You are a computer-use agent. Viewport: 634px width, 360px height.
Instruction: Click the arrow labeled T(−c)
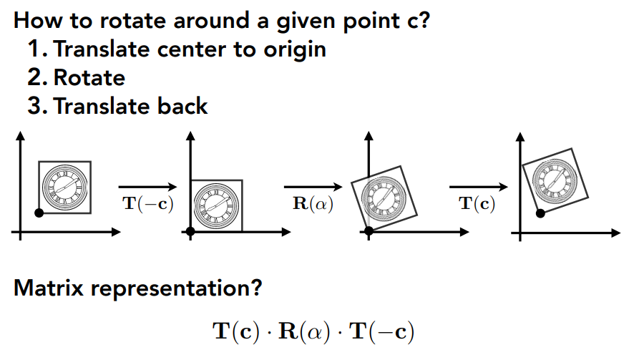click(147, 187)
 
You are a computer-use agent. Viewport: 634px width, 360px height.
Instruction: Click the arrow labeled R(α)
click(313, 187)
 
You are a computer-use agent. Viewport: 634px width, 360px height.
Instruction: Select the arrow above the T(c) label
click(478, 187)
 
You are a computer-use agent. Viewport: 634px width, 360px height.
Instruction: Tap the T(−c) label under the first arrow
click(148, 203)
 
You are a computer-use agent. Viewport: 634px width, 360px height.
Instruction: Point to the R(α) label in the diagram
click(313, 203)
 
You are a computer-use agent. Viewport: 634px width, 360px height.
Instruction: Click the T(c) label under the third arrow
click(477, 203)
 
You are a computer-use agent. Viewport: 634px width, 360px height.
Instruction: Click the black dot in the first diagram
click(39, 213)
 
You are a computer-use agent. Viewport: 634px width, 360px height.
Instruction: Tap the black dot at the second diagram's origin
click(190, 231)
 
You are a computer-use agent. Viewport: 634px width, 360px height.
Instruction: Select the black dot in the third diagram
click(369, 231)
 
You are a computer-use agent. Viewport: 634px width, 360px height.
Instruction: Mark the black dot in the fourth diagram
click(540, 213)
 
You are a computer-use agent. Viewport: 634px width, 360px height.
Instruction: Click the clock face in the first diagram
click(64, 187)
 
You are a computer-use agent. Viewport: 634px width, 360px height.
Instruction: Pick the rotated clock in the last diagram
click(555, 179)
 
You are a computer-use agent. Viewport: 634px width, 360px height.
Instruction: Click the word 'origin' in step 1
click(295, 50)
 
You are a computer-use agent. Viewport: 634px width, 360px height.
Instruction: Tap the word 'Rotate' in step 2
click(89, 78)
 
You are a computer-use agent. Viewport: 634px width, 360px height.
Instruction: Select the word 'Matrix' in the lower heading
click(49, 288)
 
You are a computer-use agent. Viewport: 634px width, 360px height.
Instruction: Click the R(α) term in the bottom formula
click(304, 331)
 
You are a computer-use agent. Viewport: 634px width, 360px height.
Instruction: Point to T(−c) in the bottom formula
click(382, 331)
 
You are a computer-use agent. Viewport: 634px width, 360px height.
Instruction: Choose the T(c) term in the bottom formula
click(236, 331)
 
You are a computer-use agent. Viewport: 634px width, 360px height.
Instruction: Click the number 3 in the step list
click(34, 106)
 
